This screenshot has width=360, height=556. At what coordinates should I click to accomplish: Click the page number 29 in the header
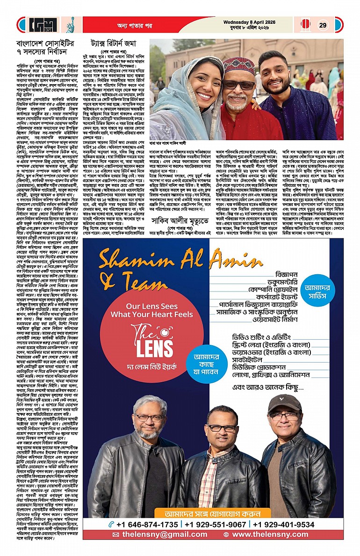[323, 25]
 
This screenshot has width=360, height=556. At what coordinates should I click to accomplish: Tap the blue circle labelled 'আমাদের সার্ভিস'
[319, 283]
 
